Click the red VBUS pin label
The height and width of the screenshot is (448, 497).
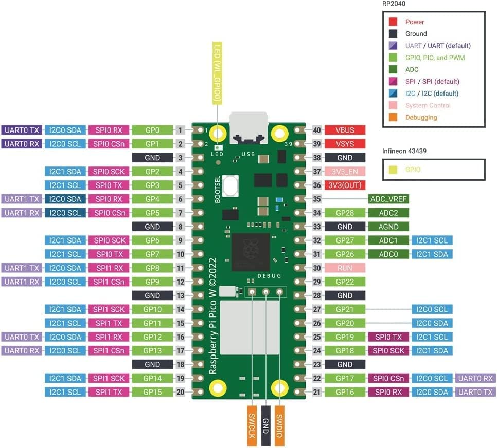point(345,130)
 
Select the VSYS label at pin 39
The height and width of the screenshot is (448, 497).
point(345,144)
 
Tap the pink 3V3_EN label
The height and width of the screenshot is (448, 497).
point(345,172)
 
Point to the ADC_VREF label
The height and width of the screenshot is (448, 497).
point(388,199)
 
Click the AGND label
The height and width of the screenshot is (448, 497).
point(388,227)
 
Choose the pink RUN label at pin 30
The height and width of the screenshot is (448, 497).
point(345,268)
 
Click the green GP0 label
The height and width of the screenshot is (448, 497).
point(152,130)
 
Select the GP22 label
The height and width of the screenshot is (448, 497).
point(345,282)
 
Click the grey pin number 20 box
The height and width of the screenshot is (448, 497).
point(181,392)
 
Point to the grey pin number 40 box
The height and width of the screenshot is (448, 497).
point(317,130)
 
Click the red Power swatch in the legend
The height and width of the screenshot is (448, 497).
point(393,22)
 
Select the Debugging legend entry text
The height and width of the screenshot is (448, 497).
point(421,117)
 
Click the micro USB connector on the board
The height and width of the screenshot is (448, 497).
point(248,127)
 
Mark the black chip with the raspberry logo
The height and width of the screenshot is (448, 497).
point(251,252)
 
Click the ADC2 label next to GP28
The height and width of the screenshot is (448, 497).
point(388,213)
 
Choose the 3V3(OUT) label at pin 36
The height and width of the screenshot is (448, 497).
point(345,185)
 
